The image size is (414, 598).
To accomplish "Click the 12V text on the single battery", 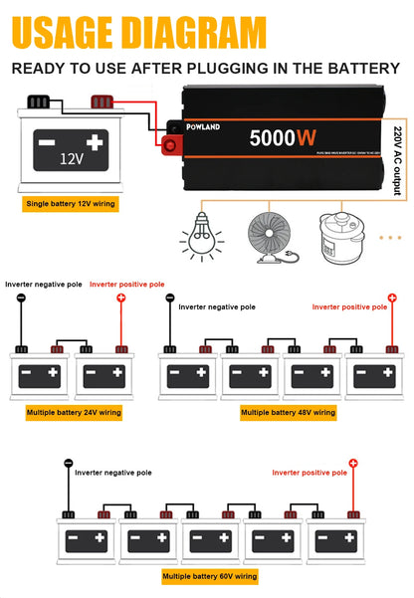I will [70, 158].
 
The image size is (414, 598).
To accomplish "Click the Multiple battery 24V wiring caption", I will [75, 411].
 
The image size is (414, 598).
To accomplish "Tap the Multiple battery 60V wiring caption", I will [209, 576].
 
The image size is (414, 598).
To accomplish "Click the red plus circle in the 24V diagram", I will [122, 298].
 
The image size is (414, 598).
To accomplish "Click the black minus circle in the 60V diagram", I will [69, 464].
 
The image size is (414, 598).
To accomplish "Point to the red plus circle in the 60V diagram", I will [353, 464].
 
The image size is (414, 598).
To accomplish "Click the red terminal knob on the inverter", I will [169, 146].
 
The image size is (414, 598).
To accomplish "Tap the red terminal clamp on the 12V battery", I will [102, 100].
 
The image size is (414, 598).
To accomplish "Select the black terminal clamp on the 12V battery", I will [40, 100].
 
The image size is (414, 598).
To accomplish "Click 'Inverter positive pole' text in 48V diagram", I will [349, 307].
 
